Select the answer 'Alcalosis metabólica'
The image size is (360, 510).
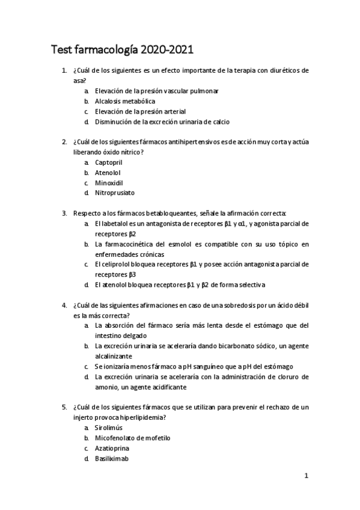point(125,101)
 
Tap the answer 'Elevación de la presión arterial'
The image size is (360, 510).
point(140,111)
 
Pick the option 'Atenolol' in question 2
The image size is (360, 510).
point(108,173)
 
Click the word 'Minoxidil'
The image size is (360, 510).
point(109,183)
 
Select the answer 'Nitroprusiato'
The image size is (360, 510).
point(114,193)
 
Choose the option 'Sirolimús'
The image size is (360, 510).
point(109,428)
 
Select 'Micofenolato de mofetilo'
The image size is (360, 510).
point(132,438)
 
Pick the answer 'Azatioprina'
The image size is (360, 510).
point(112,448)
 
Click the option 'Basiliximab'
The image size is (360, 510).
point(112,458)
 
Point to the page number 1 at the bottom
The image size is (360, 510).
point(306,476)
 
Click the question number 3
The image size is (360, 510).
point(64,214)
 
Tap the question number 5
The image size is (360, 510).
point(64,407)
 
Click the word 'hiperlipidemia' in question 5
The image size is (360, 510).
point(142,417)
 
